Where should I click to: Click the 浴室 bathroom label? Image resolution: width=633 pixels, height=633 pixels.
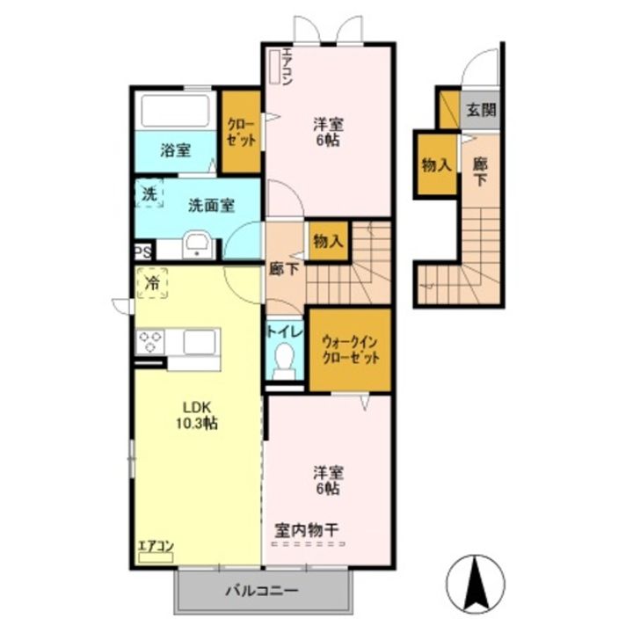[x=175, y=149]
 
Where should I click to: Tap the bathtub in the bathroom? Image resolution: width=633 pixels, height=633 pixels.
[x=174, y=111]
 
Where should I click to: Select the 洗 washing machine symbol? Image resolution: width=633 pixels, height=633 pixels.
[x=150, y=194]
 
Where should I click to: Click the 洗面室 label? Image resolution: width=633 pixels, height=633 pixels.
[x=211, y=205]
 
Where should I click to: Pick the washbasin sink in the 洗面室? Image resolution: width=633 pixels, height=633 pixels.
[x=196, y=245]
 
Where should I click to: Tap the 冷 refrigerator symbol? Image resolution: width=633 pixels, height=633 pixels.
[x=152, y=284]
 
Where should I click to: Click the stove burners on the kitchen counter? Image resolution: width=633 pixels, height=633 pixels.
[x=149, y=340]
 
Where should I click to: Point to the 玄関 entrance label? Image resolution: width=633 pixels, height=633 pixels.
[x=480, y=110]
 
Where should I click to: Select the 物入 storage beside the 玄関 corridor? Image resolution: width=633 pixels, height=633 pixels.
[x=436, y=164]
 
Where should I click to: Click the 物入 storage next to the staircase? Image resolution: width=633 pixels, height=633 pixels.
[x=327, y=240]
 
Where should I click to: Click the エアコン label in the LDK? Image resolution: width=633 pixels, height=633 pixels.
[x=156, y=546]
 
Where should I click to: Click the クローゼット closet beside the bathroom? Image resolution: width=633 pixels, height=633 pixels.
[x=241, y=132]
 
